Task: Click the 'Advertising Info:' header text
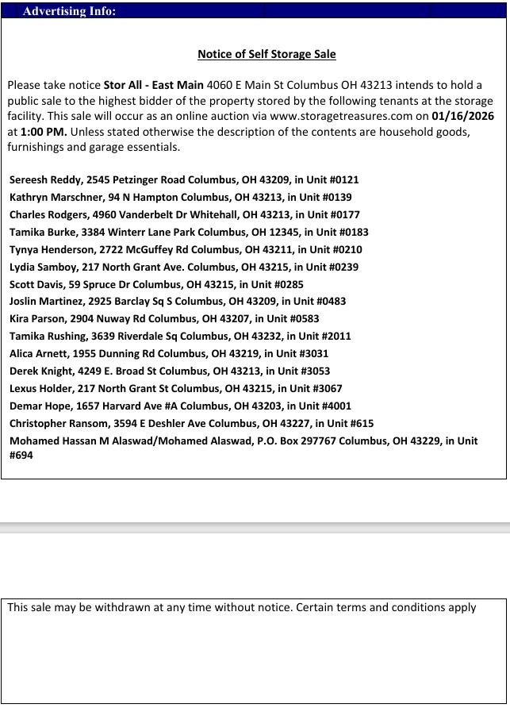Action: (69, 11)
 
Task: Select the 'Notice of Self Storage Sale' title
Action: (267, 55)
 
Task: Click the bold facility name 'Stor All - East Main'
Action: (153, 85)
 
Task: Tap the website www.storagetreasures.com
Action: (338, 116)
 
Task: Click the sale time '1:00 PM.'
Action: (44, 132)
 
